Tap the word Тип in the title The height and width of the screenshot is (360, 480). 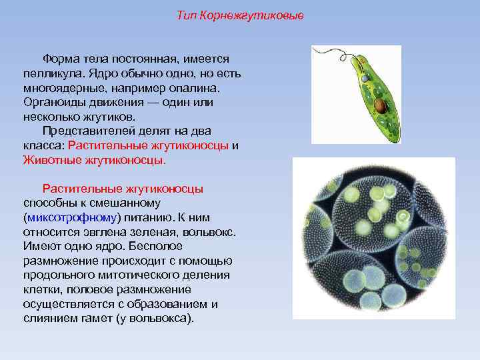(x=187, y=15)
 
